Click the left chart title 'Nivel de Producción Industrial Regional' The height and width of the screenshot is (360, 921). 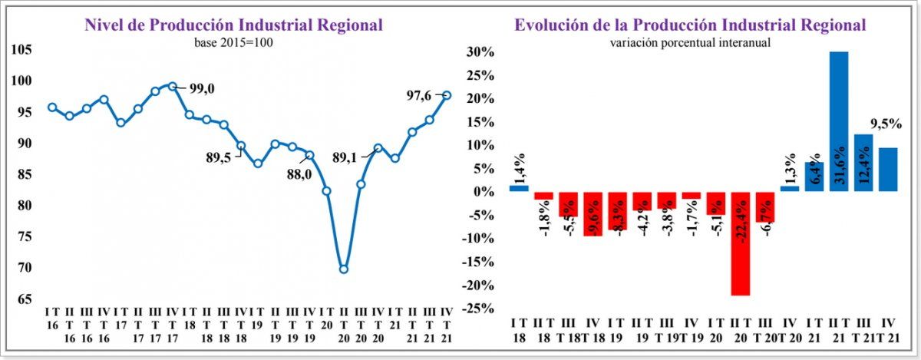pos(233,25)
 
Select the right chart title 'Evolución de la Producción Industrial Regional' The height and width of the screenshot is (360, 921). pos(690,25)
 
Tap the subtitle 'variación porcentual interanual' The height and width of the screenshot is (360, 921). pos(690,42)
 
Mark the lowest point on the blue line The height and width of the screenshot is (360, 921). pos(343,269)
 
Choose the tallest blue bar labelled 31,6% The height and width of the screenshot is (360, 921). pos(839,121)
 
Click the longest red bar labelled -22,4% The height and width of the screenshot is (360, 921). pos(741,243)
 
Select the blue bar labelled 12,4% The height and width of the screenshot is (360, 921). pos(863,163)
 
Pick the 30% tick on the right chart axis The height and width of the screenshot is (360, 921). pos(481,52)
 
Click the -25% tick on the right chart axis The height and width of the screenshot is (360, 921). pos(480,309)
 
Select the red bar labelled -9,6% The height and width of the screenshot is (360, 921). pos(593,213)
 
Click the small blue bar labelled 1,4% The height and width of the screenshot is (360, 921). pos(519,188)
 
